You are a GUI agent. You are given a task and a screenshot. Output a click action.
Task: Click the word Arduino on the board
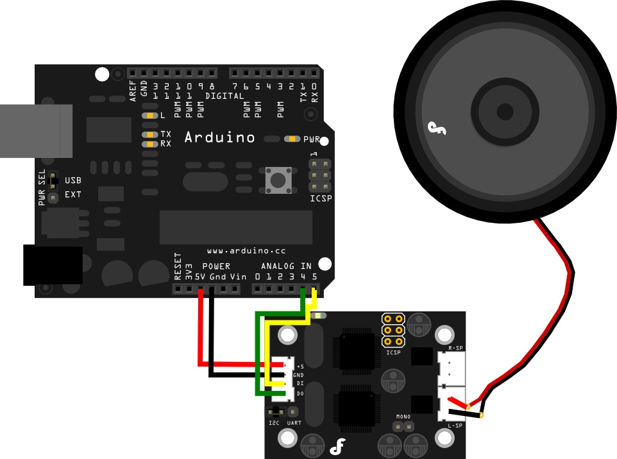(x=219, y=137)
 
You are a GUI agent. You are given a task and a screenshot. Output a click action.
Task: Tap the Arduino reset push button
(x=278, y=180)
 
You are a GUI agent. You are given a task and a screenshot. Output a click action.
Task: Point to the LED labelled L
(x=149, y=116)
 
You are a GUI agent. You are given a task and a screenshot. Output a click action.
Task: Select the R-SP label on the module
(x=455, y=347)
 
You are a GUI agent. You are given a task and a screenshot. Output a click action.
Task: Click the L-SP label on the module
(x=455, y=426)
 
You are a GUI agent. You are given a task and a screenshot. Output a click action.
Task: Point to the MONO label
(x=403, y=418)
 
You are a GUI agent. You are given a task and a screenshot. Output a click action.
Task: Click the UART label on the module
(x=294, y=422)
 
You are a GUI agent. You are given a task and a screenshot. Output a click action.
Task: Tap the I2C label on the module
(x=274, y=422)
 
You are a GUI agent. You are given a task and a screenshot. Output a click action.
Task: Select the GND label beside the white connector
(x=298, y=374)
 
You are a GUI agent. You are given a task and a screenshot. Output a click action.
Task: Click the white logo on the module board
(x=338, y=446)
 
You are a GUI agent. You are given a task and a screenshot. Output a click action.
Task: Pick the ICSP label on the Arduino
(x=321, y=198)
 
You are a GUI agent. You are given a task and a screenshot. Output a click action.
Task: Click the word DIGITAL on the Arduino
(x=224, y=96)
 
